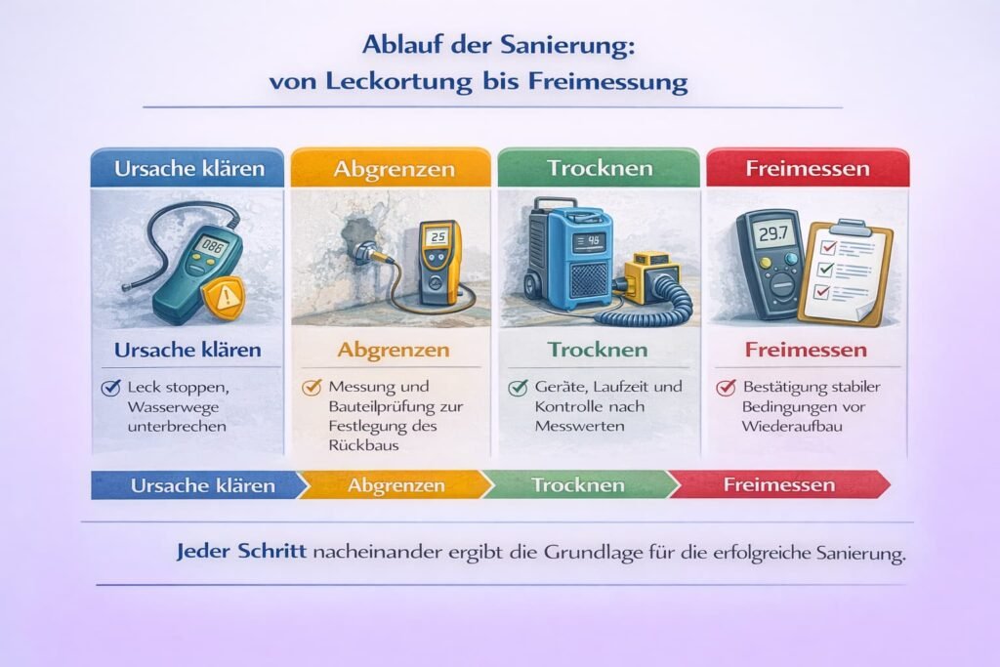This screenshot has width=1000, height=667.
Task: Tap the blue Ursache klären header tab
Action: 188,168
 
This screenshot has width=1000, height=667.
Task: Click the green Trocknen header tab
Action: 600,168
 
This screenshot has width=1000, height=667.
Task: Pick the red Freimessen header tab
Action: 807,168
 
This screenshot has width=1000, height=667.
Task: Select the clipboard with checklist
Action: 847,271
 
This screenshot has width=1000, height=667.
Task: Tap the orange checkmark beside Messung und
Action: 312,388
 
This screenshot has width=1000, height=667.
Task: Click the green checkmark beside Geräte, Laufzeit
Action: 518,388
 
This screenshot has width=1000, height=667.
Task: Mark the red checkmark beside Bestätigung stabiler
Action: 726,388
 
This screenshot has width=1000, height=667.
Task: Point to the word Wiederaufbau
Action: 793,427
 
